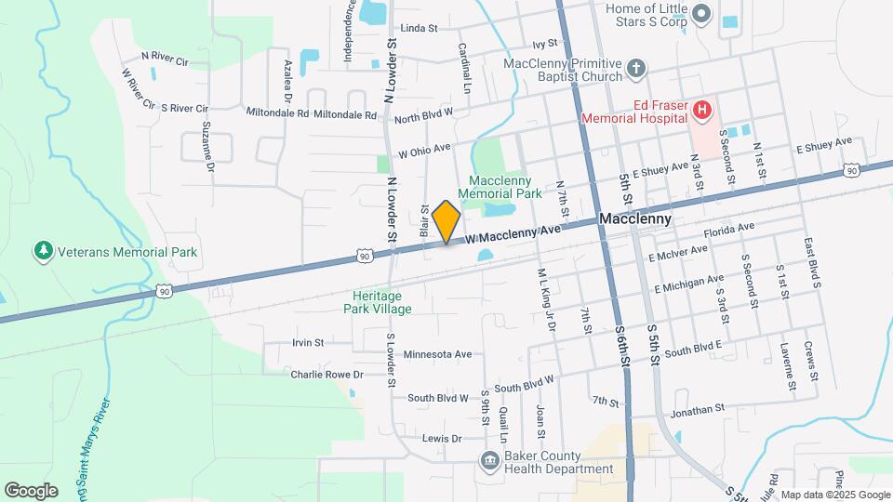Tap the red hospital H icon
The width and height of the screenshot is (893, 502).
point(701,112)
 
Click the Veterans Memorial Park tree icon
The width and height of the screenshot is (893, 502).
point(42,251)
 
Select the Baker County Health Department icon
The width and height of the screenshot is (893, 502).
point(487,460)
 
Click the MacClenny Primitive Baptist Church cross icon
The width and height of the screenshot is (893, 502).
point(636,68)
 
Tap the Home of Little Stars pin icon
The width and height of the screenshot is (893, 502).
point(702,14)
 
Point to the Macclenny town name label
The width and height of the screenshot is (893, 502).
point(635,219)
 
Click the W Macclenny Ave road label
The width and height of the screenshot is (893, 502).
point(514,232)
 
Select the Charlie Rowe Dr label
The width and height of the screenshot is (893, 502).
point(326,375)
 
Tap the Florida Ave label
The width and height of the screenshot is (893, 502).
point(729,229)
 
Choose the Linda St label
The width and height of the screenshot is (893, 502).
point(419,29)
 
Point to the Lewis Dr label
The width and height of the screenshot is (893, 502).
point(442,438)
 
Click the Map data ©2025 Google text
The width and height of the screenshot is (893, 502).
point(835,495)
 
